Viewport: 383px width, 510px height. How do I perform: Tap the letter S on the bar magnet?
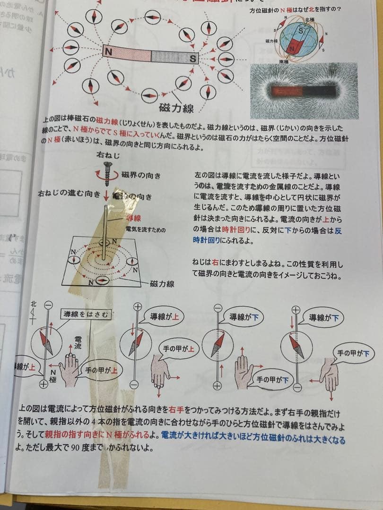[x=192, y=59]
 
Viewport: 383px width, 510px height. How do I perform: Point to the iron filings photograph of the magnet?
[x=304, y=91]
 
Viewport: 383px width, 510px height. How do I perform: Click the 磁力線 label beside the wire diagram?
[x=162, y=284]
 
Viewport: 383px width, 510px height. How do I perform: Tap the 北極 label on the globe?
[x=310, y=20]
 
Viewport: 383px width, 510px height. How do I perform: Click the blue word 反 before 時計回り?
[x=338, y=231]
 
